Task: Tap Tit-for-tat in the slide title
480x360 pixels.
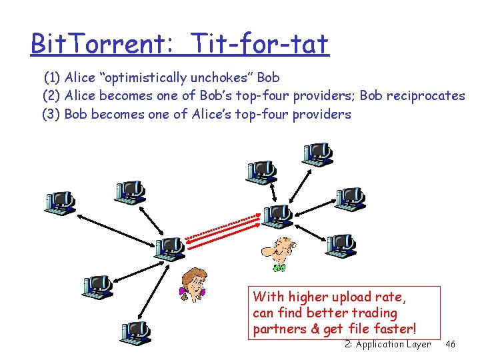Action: pyautogui.click(x=260, y=45)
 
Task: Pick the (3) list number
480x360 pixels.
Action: pyautogui.click(x=51, y=114)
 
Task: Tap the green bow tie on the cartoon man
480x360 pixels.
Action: pyautogui.click(x=279, y=268)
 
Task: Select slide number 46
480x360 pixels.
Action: pyautogui.click(x=450, y=344)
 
